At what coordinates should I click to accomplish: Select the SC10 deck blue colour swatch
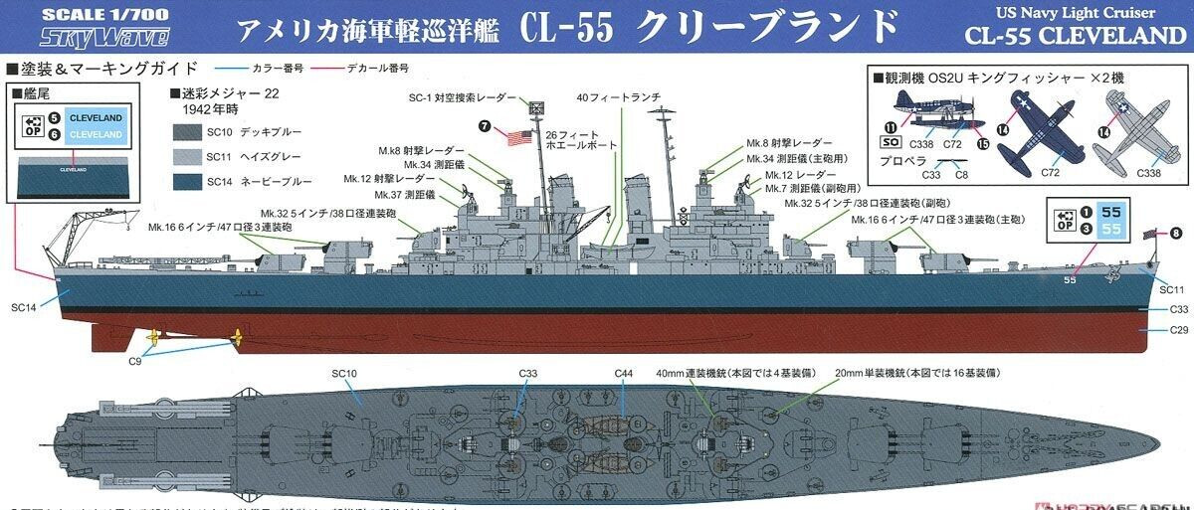[190, 132]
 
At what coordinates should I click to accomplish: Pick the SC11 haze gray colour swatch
[190, 156]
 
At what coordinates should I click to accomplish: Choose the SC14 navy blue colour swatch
[190, 180]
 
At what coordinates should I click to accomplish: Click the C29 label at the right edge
[1178, 329]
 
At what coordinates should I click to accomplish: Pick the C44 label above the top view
[623, 374]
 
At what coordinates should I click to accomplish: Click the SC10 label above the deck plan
[344, 374]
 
